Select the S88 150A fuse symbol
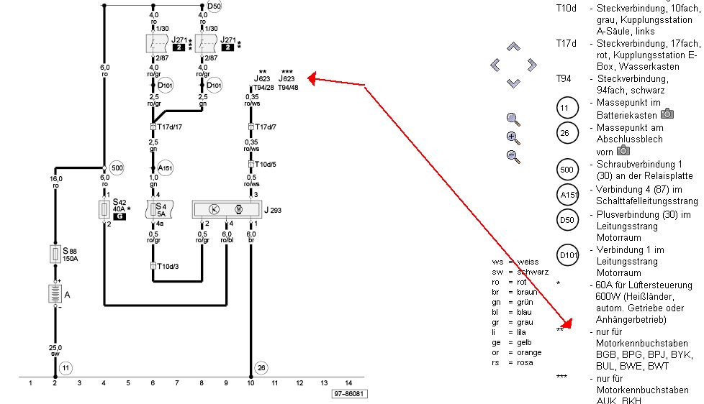coord(55,254)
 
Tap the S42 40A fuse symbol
coord(104,209)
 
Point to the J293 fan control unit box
coord(224,209)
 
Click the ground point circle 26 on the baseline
coord(261,367)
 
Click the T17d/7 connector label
coord(264,127)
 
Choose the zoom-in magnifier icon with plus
coord(513,137)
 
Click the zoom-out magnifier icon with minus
coord(513,156)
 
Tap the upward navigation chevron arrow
coord(513,47)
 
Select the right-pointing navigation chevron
coord(531,65)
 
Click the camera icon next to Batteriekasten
coord(667,114)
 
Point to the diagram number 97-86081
coord(351,394)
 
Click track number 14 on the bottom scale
coord(348,382)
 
